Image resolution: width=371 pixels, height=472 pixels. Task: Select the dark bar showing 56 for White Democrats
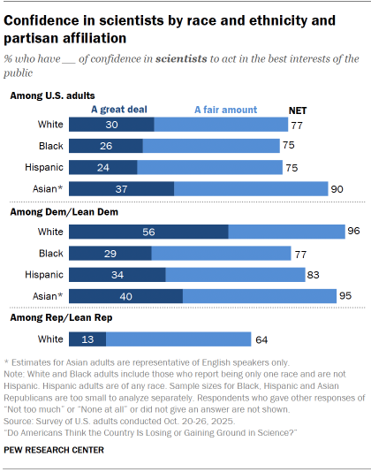pos(148,232)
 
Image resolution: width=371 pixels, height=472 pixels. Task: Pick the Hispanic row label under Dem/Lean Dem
pos(42,274)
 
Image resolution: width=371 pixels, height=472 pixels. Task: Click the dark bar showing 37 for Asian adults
pos(121,188)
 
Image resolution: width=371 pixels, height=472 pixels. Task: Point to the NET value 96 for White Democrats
pos(355,232)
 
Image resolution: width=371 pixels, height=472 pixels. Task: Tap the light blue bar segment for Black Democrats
pos(221,253)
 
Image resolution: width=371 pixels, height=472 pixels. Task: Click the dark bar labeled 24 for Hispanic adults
pos(102,167)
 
